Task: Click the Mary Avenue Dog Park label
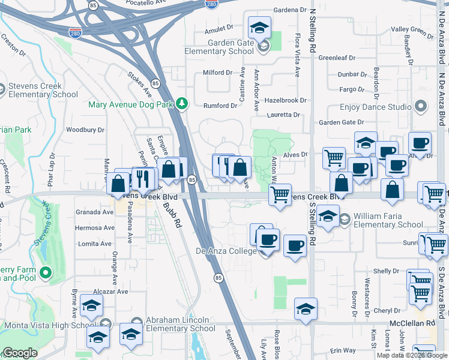pyautogui.click(x=130, y=104)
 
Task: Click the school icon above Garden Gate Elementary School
pyautogui.click(x=260, y=27)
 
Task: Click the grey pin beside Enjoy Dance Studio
pyautogui.click(x=420, y=107)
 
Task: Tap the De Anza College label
pyautogui.click(x=226, y=251)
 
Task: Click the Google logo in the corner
pyautogui.click(x=20, y=353)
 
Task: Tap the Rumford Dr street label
pyautogui.click(x=220, y=106)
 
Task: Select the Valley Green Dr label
pyautogui.click(x=411, y=29)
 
